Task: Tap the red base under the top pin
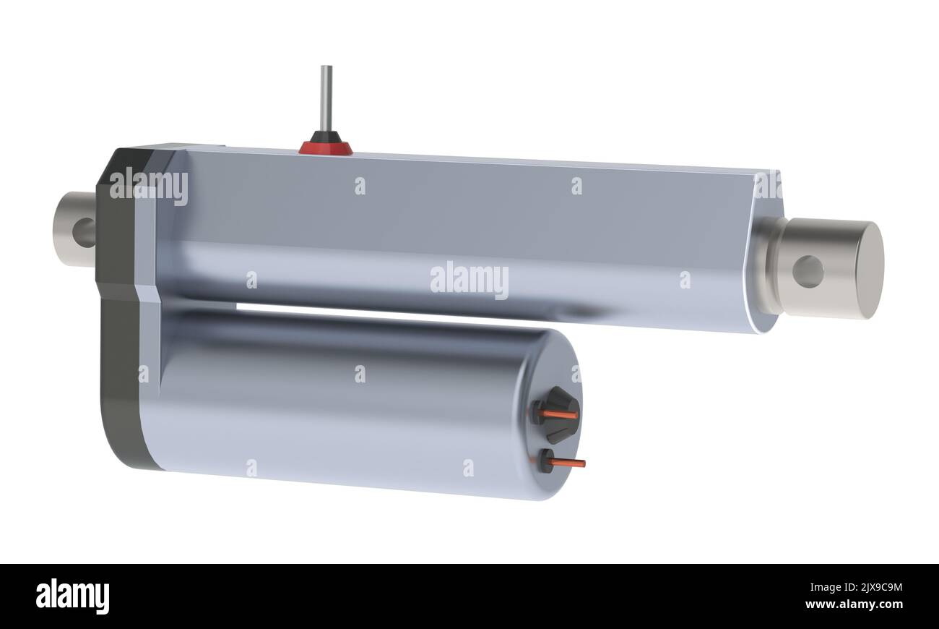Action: (326, 149)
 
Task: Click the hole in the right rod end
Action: (808, 272)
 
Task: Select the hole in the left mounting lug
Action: (85, 232)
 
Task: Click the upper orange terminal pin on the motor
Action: (560, 415)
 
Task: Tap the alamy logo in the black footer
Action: (72, 596)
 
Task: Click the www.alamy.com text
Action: (853, 604)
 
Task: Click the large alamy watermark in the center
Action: (469, 280)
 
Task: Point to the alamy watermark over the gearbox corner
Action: (149, 186)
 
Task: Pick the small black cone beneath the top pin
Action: (326, 137)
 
